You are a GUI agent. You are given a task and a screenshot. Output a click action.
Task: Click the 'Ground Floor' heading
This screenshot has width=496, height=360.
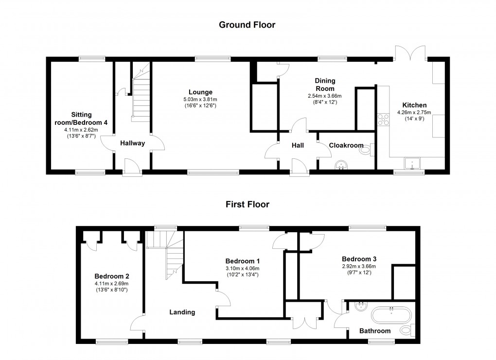[247, 25]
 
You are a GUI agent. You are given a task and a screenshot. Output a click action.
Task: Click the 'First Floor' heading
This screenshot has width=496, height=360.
[247, 204]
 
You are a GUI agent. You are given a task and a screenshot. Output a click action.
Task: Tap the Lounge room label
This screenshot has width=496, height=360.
[201, 92]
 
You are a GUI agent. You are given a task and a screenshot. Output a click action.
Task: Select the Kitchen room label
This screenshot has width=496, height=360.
[414, 105]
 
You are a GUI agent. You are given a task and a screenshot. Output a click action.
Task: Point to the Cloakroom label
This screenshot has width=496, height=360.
[346, 145]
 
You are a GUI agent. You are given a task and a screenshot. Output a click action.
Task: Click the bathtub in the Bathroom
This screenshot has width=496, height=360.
[391, 314]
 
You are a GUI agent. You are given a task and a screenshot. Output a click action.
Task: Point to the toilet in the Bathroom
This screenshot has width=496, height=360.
[407, 330]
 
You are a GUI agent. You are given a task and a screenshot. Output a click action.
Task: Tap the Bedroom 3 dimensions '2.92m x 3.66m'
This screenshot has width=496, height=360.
[359, 266]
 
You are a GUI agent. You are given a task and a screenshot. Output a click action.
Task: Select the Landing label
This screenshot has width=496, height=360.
[182, 312]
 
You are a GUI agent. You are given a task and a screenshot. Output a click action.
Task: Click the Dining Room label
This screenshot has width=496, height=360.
[325, 85]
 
